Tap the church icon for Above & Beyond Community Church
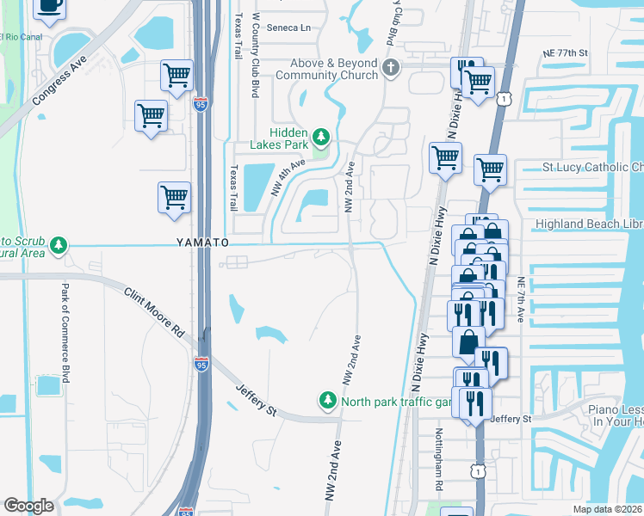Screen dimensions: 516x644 click(390, 67)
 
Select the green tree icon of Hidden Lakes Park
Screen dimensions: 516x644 click(320, 136)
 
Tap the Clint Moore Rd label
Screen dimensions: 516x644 click(154, 311)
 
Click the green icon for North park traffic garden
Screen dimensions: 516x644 click(327, 401)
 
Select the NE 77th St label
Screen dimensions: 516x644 click(565, 53)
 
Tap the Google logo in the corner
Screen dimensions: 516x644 click(28, 506)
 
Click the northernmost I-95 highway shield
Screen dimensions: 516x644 click(201, 105)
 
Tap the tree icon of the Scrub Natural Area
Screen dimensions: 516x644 click(59, 247)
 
